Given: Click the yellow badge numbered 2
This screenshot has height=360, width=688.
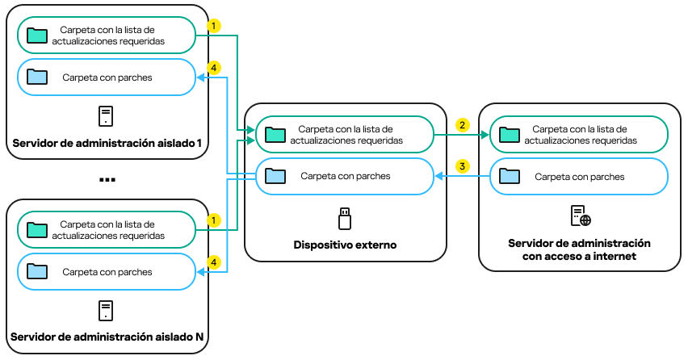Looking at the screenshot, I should click(x=462, y=125).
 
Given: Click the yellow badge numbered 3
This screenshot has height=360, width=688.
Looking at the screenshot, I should click(x=462, y=166).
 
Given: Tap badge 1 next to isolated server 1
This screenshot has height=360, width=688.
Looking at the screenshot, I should click(x=213, y=26).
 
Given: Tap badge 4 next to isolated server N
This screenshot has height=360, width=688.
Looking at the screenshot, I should click(x=213, y=262).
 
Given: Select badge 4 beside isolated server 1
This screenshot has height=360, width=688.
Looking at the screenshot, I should click(x=213, y=69).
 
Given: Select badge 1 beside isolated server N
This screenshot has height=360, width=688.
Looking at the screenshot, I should click(x=213, y=220).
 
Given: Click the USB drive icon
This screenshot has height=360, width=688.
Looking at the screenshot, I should click(x=345, y=218).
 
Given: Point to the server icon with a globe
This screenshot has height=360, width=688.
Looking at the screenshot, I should click(x=580, y=216).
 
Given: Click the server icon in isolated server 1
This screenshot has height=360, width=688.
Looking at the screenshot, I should click(x=106, y=116).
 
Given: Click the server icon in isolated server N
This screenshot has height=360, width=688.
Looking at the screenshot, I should click(x=106, y=310).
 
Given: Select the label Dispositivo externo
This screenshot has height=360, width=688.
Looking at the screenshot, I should click(x=345, y=245).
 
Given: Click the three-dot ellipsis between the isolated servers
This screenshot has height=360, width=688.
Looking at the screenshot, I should click(x=107, y=179).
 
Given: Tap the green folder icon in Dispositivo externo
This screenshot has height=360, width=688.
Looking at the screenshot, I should click(x=276, y=134).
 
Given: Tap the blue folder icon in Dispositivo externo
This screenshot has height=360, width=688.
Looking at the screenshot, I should click(x=276, y=176).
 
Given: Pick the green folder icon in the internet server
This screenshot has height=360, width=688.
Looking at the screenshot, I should click(x=510, y=134).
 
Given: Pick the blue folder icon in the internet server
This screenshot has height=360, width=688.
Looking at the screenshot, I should click(x=510, y=176).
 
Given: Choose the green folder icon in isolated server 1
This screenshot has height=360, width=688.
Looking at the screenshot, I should click(x=36, y=35).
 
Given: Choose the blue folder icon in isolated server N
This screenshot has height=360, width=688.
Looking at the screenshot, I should click(x=36, y=271).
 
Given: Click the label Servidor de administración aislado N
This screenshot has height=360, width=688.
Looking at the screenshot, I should click(x=107, y=336).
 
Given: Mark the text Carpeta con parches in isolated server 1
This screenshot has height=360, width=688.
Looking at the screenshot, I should click(x=107, y=77).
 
